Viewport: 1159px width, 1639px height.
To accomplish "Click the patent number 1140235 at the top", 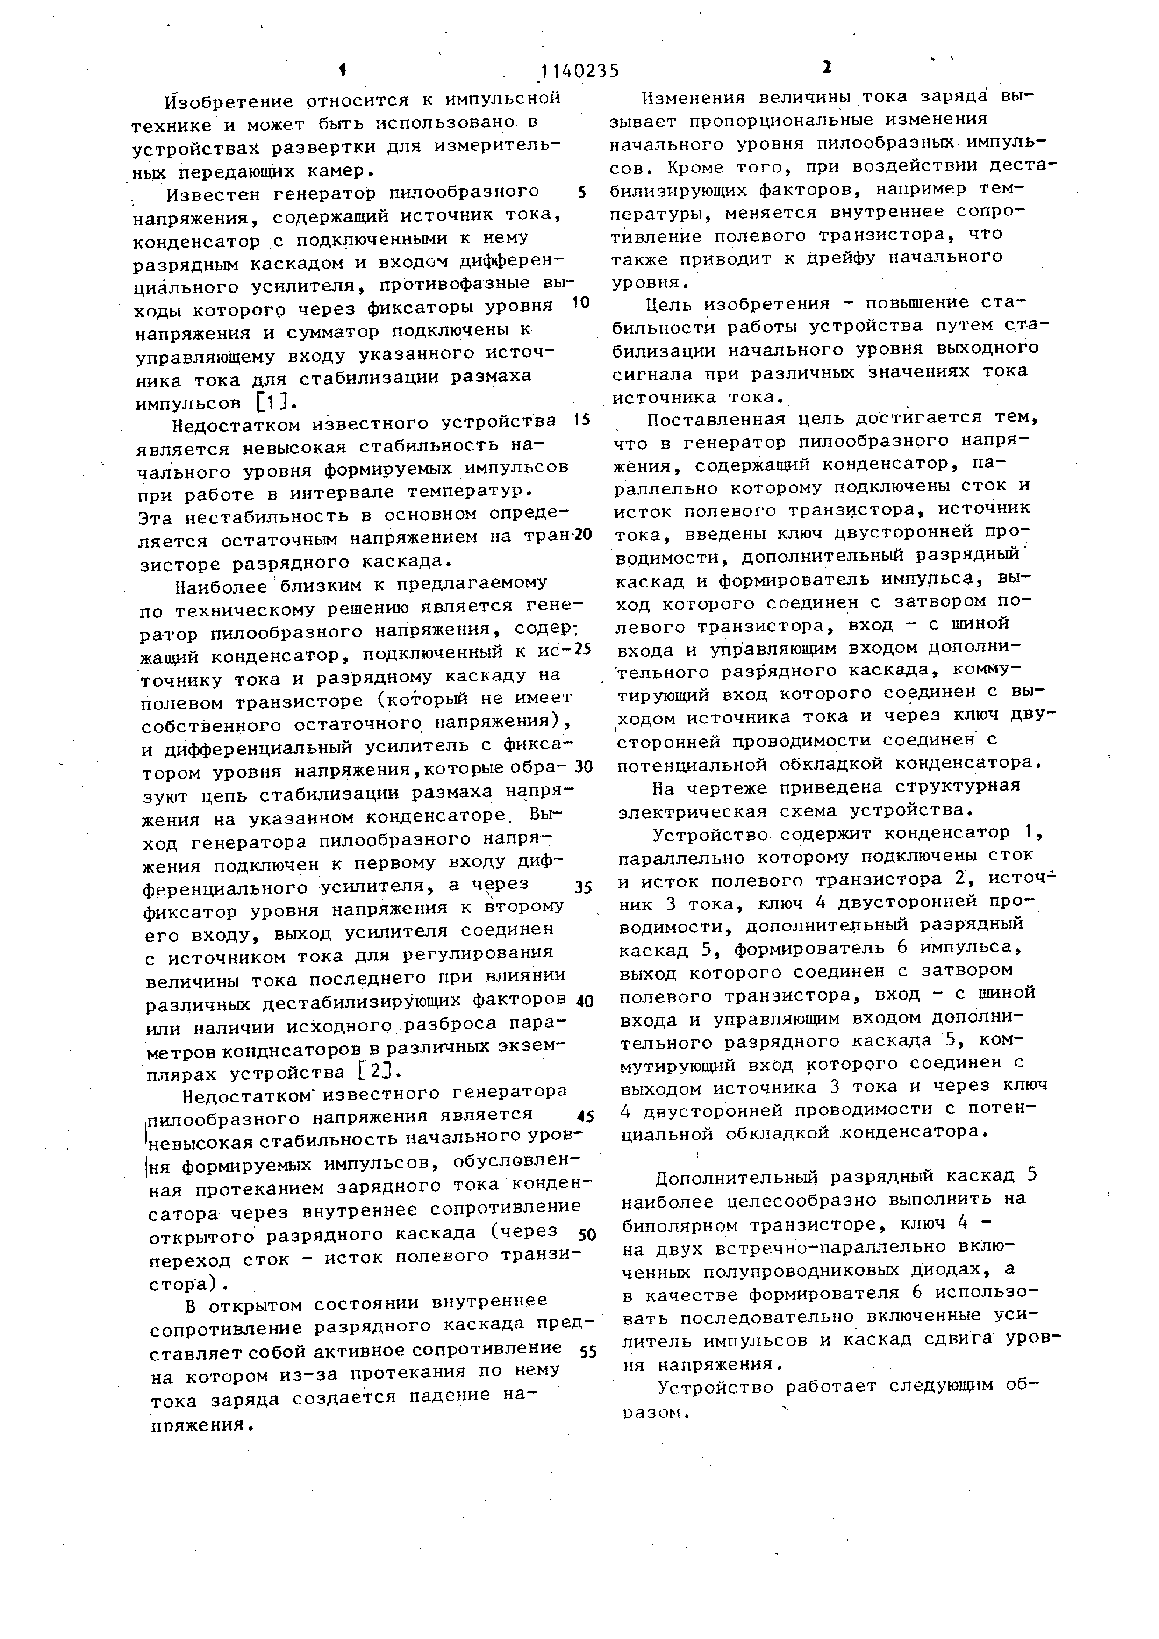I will coord(579,71).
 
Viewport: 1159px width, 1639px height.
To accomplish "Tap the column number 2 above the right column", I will coord(826,68).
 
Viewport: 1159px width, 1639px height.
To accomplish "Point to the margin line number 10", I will coord(581,303).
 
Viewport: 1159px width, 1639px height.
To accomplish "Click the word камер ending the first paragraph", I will coord(336,172).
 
